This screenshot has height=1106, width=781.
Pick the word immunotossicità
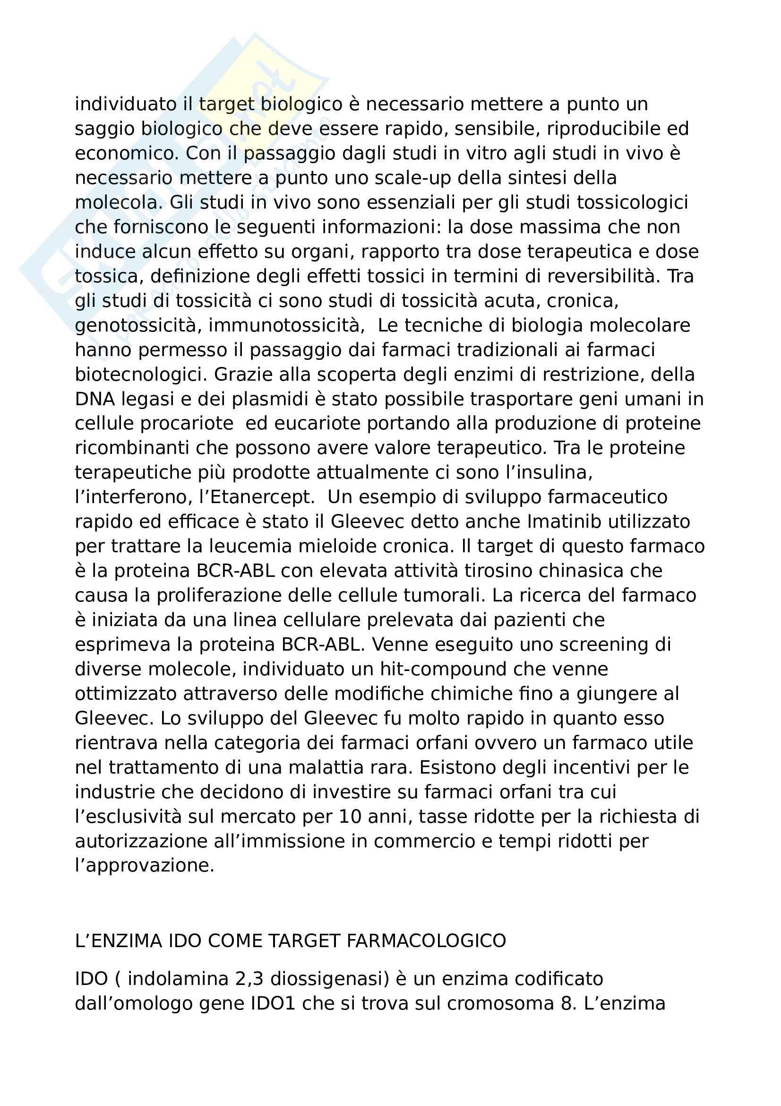click(286, 325)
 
